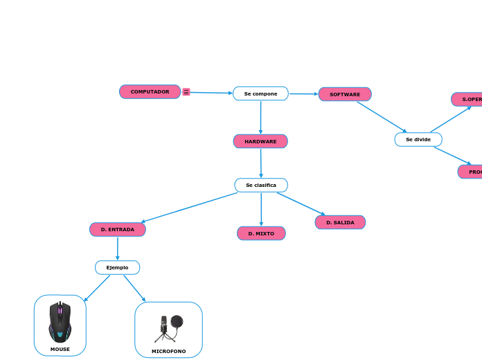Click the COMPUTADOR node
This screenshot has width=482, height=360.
click(x=150, y=92)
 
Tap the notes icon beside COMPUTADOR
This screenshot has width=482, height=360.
click(x=186, y=91)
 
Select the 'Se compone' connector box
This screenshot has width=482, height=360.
click(x=260, y=93)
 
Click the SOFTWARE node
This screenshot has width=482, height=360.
click(x=345, y=94)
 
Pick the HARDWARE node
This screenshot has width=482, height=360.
click(x=260, y=141)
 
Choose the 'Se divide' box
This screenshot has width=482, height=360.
click(x=418, y=139)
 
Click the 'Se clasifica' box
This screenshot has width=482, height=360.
click(x=261, y=185)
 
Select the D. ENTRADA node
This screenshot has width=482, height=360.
click(x=118, y=229)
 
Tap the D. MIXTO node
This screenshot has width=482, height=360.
click(x=261, y=233)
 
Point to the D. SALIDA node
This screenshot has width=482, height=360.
click(x=340, y=222)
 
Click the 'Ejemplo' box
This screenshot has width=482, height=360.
click(x=117, y=267)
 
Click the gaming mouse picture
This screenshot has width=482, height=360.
click(x=60, y=322)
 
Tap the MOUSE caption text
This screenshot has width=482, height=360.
click(x=60, y=349)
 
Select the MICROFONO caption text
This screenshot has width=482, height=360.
click(x=168, y=351)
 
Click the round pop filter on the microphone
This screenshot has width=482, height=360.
click(x=177, y=321)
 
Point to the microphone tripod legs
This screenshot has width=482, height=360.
click(x=164, y=336)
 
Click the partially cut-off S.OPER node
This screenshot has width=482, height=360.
click(x=467, y=99)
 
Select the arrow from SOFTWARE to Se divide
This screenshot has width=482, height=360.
click(x=382, y=117)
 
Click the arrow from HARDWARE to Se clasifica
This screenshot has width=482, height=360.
click(x=261, y=163)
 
